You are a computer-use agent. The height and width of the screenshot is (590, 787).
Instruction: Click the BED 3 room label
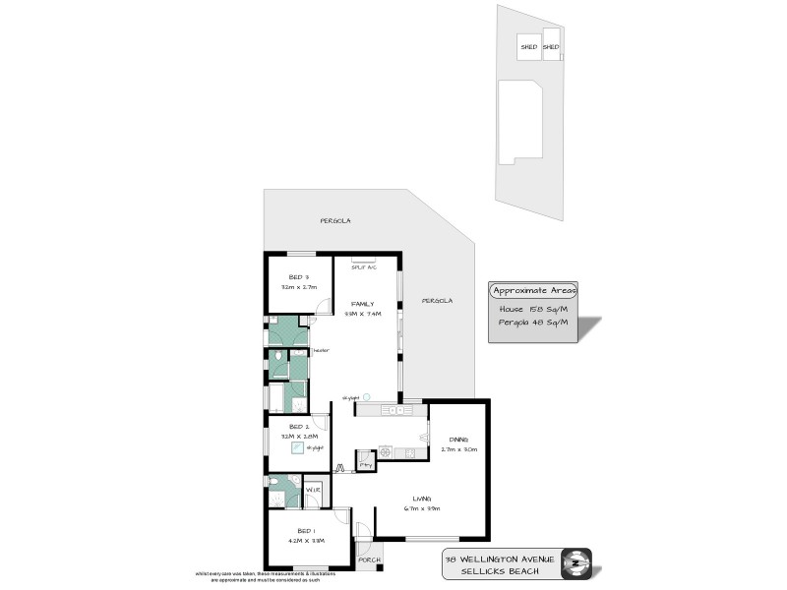click(x=299, y=276)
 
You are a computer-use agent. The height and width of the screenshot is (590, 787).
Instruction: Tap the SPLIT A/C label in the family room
click(x=350, y=266)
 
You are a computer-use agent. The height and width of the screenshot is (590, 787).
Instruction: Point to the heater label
click(x=322, y=349)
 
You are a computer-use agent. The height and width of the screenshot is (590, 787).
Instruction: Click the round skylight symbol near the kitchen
click(x=366, y=396)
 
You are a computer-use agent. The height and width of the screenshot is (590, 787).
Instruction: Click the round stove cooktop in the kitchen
click(x=386, y=452)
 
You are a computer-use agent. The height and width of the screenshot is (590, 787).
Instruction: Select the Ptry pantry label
click(x=365, y=464)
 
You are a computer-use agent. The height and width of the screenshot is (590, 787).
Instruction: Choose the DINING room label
click(x=458, y=439)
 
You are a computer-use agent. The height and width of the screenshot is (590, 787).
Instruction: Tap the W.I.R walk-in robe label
click(x=312, y=489)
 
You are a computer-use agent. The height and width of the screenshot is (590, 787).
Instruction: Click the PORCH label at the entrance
click(x=368, y=560)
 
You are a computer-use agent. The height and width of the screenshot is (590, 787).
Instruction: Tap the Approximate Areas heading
click(x=535, y=290)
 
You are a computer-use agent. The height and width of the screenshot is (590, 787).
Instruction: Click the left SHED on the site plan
click(x=528, y=46)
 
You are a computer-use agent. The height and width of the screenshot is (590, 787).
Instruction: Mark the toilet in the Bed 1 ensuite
click(x=276, y=499)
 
